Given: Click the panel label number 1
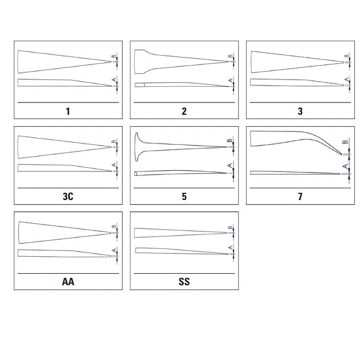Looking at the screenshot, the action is (x=68, y=111).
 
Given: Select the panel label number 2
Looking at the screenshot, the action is (x=184, y=111).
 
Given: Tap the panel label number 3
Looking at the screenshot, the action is (x=300, y=111).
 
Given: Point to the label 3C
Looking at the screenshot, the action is (x=68, y=197).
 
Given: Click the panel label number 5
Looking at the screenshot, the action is (x=184, y=197).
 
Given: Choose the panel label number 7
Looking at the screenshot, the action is (x=300, y=197).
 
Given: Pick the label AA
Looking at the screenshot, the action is (x=68, y=282).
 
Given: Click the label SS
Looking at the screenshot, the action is (x=184, y=282).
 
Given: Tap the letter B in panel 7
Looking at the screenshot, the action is (x=345, y=142).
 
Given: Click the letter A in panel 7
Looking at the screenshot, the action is (x=345, y=166).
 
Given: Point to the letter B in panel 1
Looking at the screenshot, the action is (x=113, y=56).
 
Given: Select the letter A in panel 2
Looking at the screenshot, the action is (x=230, y=80).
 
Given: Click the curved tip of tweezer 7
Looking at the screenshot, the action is (x=341, y=154).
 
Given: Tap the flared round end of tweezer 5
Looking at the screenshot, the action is (x=136, y=147).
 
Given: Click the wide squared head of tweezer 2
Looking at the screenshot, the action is (x=139, y=61).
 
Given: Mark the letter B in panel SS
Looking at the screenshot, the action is (x=230, y=228).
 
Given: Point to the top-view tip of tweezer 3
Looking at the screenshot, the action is (x=343, y=62).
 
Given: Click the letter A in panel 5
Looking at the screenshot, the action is (x=230, y=165).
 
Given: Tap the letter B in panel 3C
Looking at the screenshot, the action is (x=113, y=142).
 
